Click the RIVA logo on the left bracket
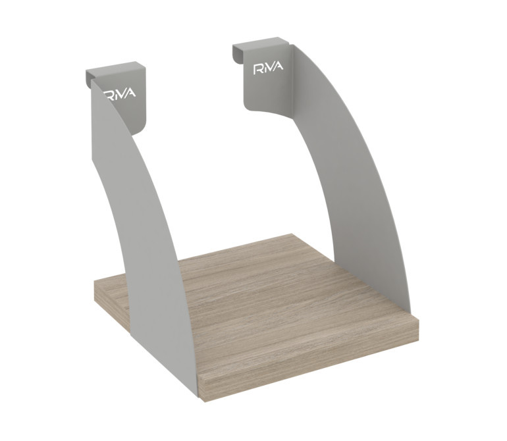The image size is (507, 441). (120, 94)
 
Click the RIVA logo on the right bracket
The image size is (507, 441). (268, 68)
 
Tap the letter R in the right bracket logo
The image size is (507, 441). (257, 70)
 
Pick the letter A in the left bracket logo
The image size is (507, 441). (130, 93)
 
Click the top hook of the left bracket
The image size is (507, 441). (115, 70)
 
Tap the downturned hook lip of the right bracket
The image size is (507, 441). (237, 54)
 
